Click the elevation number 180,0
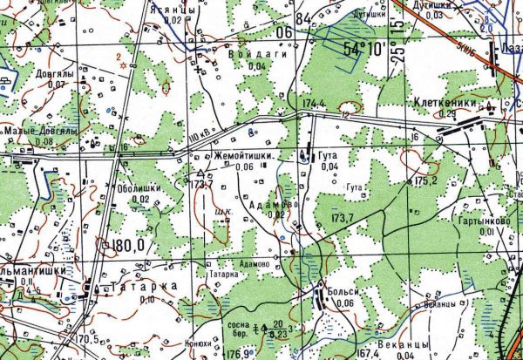pyautogui.click(x=127, y=247)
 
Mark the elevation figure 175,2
pyautogui.click(x=425, y=180)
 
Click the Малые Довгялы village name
pyautogui.click(x=42, y=130)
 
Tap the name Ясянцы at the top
pyautogui.click(x=168, y=7)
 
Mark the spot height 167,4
pyautogui.click(x=369, y=353)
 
